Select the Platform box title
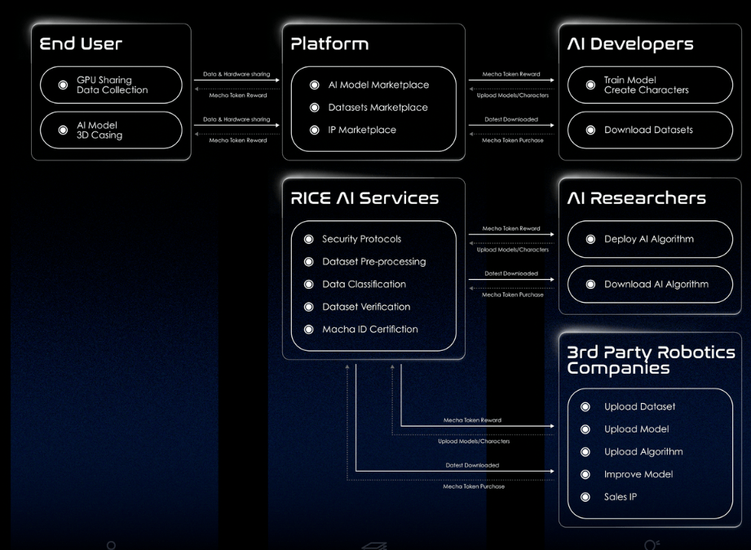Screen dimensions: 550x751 pyautogui.click(x=329, y=44)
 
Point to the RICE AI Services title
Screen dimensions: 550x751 pyautogui.click(x=364, y=198)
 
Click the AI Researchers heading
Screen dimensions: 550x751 pyautogui.click(x=636, y=198)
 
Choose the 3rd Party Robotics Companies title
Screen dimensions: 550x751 pyautogui.click(x=651, y=360)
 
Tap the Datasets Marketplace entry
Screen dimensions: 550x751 pyautogui.click(x=378, y=108)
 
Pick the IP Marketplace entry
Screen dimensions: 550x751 pyautogui.click(x=363, y=130)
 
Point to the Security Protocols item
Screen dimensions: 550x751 pyautogui.click(x=361, y=239)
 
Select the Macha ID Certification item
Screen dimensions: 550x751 pyautogui.click(x=369, y=330)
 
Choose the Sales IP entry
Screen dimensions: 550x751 pyautogui.click(x=621, y=497)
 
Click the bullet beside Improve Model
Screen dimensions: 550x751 pyautogui.click(x=585, y=474)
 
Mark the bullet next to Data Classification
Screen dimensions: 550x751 pyautogui.click(x=308, y=285)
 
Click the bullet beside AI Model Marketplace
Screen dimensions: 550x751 pyautogui.click(x=315, y=85)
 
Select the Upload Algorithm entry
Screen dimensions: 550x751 pyautogui.click(x=643, y=452)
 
